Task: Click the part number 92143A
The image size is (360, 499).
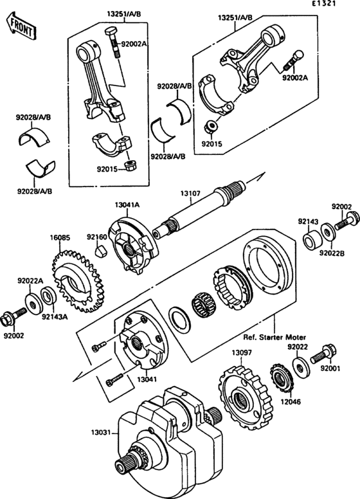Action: [x=53, y=316]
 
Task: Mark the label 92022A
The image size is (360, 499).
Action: [x=30, y=280]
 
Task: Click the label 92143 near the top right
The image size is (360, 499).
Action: [x=308, y=221]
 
